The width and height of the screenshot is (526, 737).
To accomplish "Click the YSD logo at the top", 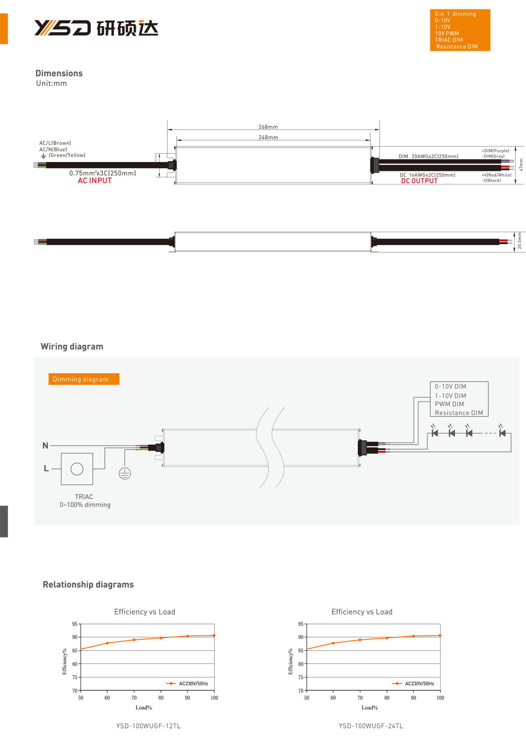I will [62, 28].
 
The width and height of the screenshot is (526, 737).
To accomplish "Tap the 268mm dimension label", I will [268, 127].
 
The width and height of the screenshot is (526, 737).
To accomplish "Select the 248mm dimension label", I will [268, 138].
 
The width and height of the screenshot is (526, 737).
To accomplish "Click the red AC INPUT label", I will [95, 181].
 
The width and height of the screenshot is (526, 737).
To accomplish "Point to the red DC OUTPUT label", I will [419, 181].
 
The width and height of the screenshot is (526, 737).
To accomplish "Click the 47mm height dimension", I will [521, 165].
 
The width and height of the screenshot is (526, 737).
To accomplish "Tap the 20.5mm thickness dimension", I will [519, 241].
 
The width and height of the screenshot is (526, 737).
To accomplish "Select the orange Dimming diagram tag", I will [84, 379].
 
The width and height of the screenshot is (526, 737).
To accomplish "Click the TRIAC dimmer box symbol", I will [77, 469].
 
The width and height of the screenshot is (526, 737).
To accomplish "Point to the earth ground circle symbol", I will [125, 473].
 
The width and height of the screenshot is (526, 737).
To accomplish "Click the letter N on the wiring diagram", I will [45, 446].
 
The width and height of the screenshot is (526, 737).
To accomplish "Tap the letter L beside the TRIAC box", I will [46, 468].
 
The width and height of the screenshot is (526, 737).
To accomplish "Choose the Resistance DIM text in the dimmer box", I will [458, 413].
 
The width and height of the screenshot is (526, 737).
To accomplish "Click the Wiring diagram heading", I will [72, 347].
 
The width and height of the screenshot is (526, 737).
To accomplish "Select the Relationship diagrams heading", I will [88, 585].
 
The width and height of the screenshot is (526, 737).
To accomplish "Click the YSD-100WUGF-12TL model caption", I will [148, 726].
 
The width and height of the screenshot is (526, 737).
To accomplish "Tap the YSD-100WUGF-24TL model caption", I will [371, 726].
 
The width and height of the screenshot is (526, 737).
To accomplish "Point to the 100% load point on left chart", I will [214, 635].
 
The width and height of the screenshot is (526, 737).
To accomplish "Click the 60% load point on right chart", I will [333, 643].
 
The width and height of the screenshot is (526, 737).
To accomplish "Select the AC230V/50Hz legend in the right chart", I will [419, 684].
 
